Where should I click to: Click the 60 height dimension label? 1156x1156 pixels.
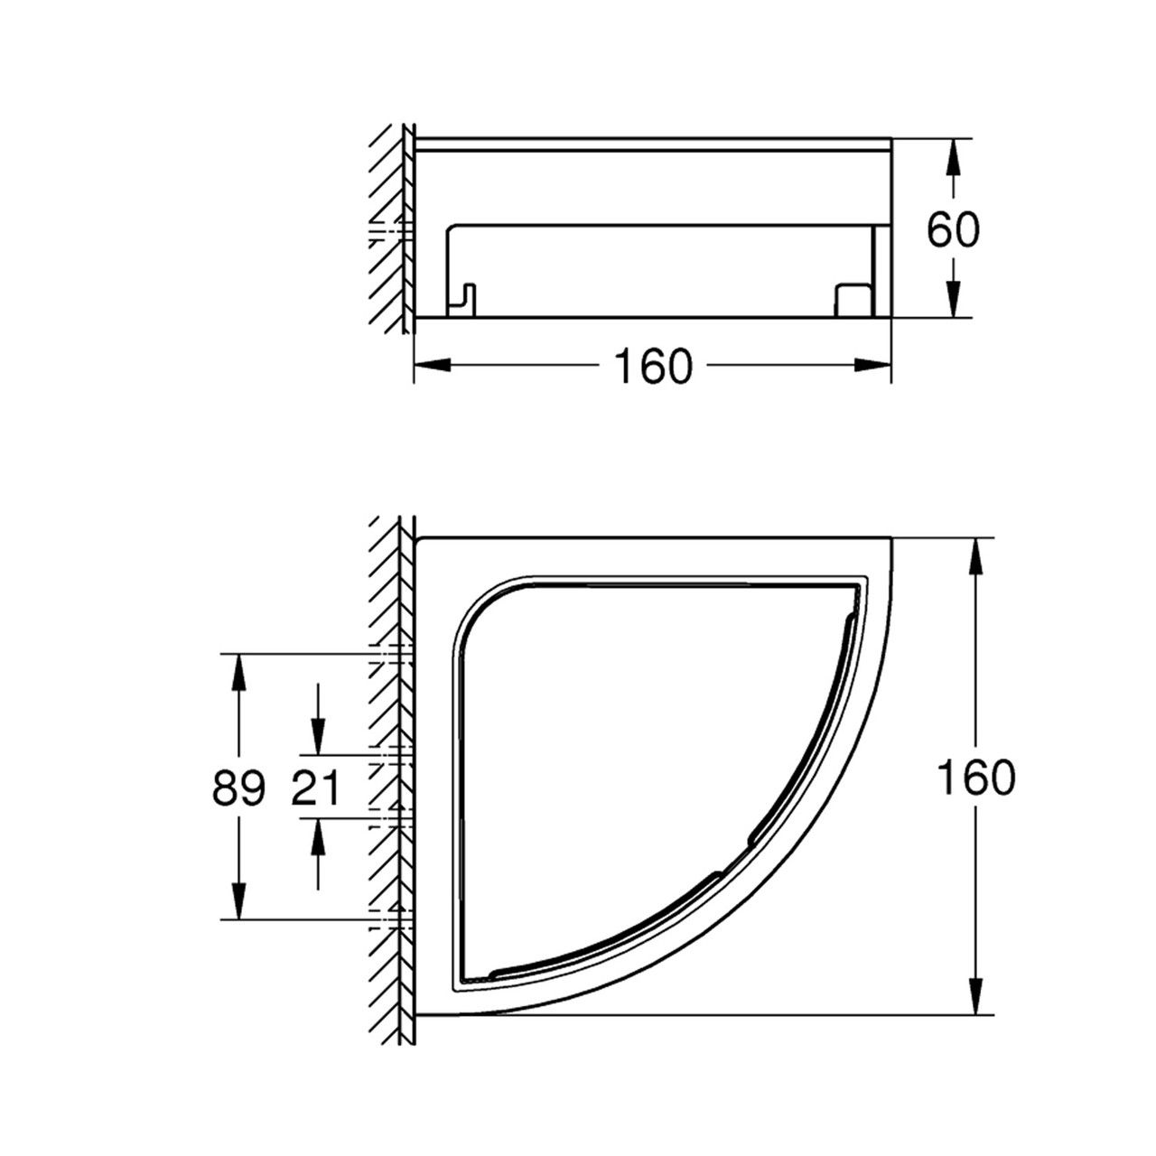[953, 231]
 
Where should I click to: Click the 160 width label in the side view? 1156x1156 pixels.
[653, 367]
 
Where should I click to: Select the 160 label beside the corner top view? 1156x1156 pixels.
[976, 777]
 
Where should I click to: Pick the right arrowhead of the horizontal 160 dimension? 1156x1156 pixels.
[872, 365]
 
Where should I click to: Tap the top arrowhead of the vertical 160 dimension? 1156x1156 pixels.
[976, 556]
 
